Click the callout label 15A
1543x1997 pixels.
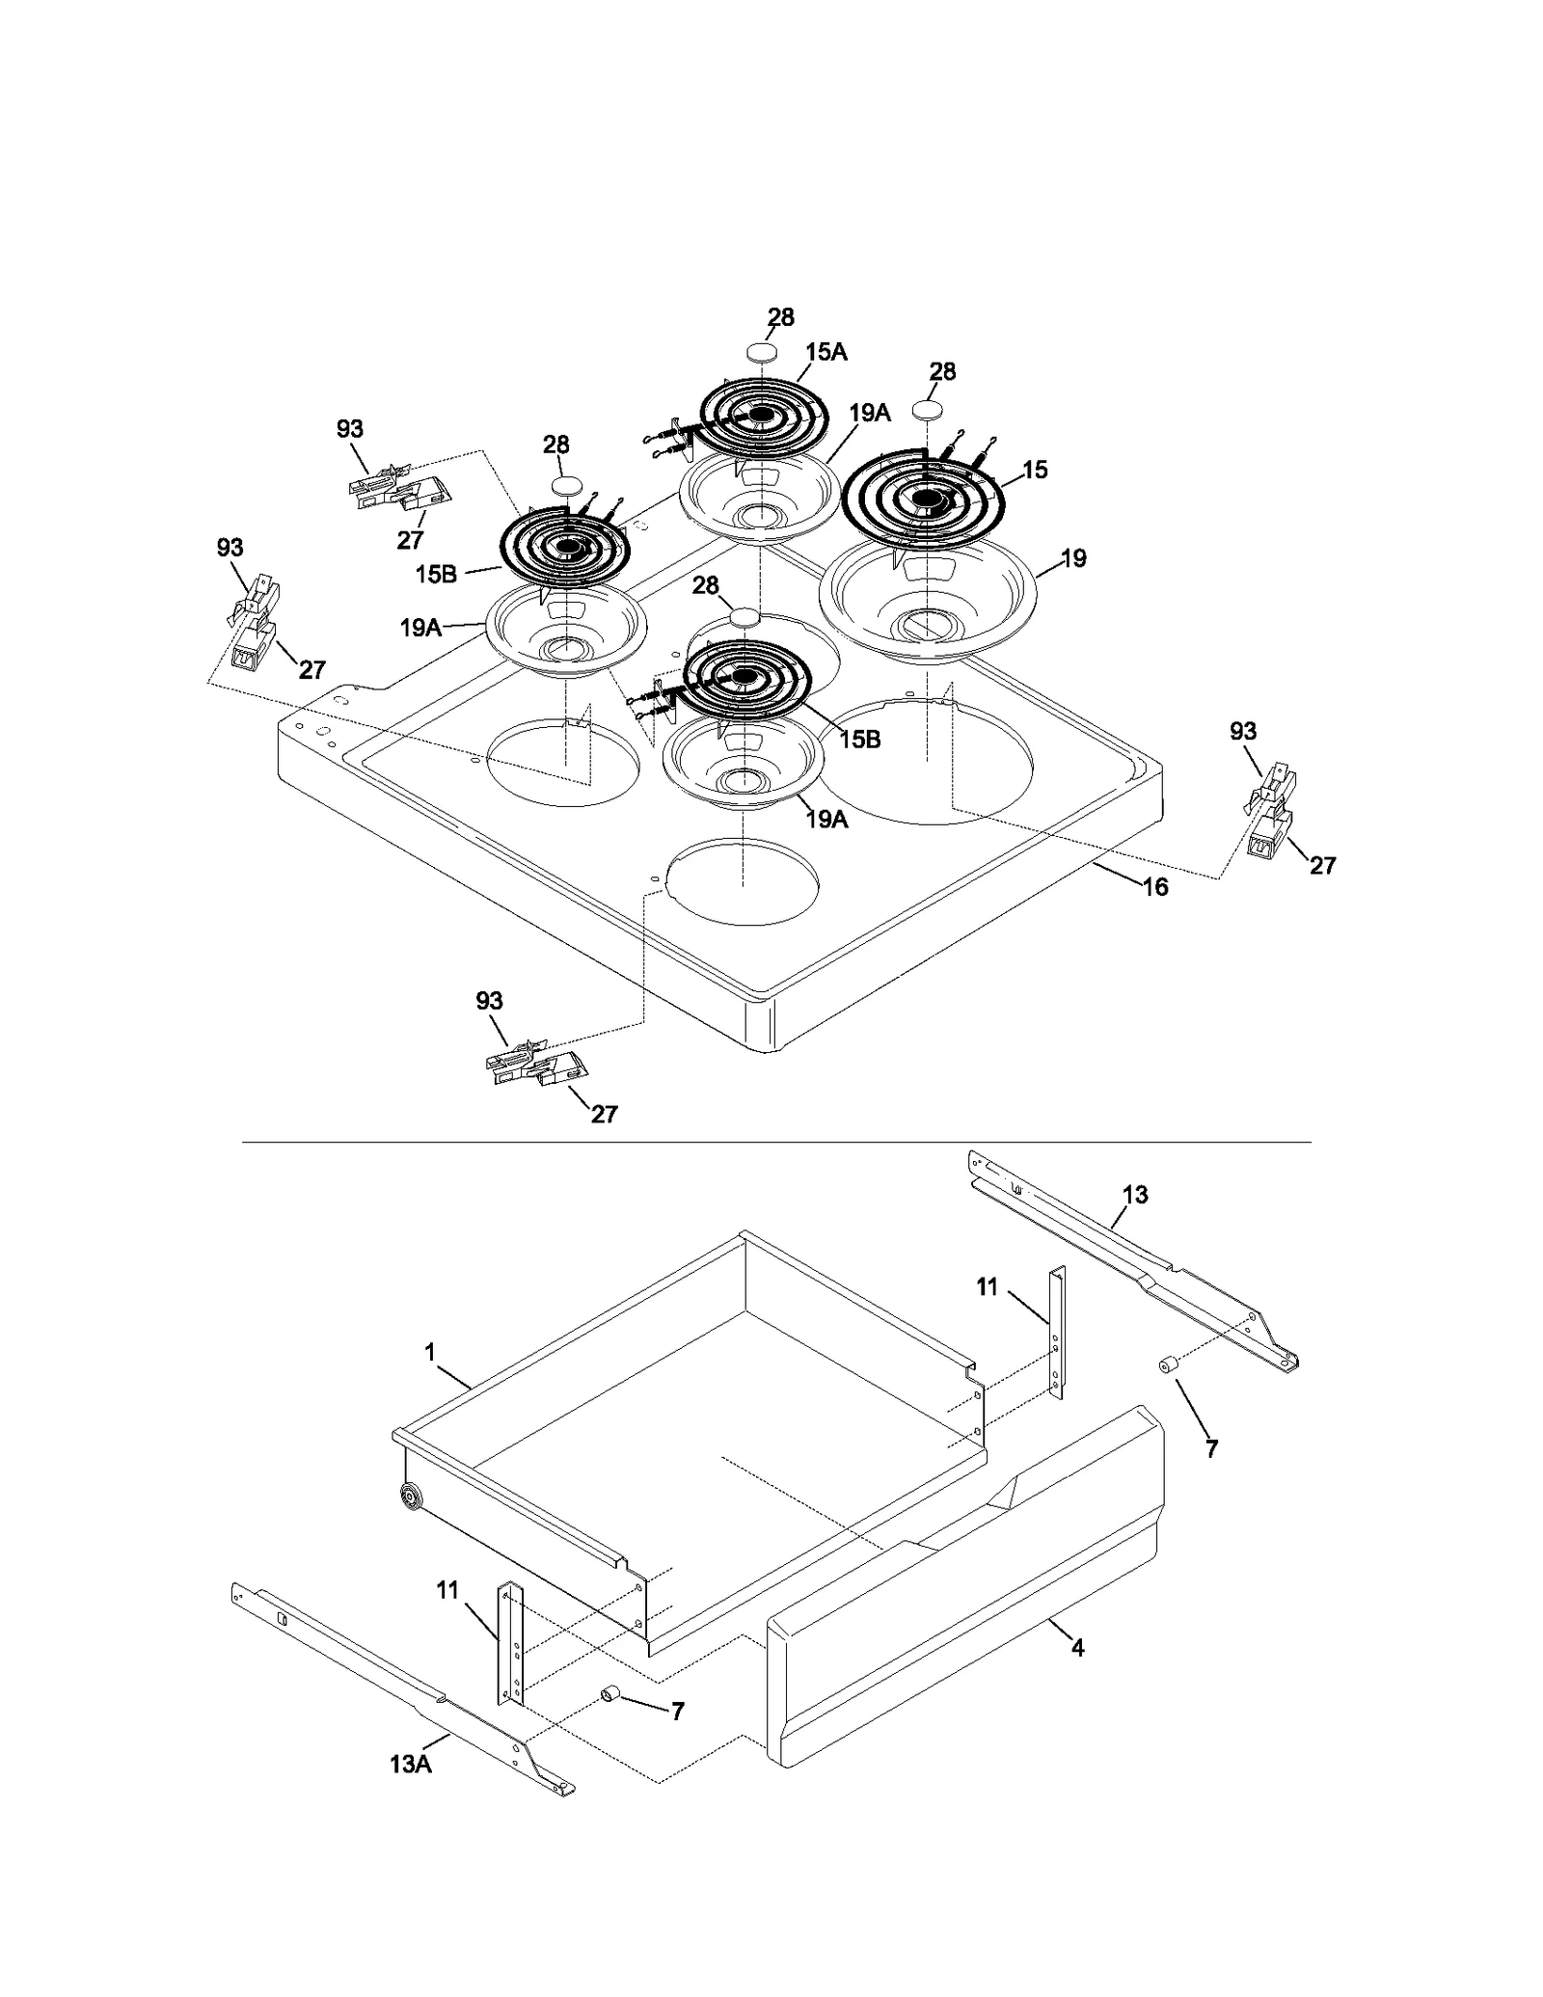[x=826, y=352]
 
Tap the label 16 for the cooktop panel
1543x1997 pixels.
[x=1155, y=886]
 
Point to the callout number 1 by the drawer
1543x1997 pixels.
[x=430, y=1353]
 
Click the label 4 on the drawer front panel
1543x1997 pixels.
[x=1077, y=1648]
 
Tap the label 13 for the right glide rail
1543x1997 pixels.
[x=1135, y=1195]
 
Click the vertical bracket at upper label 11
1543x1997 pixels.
[x=1057, y=1334]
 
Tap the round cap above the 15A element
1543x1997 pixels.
[x=762, y=349]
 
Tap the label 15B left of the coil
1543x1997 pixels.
[x=436, y=574]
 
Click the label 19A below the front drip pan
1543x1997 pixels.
[x=826, y=820]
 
